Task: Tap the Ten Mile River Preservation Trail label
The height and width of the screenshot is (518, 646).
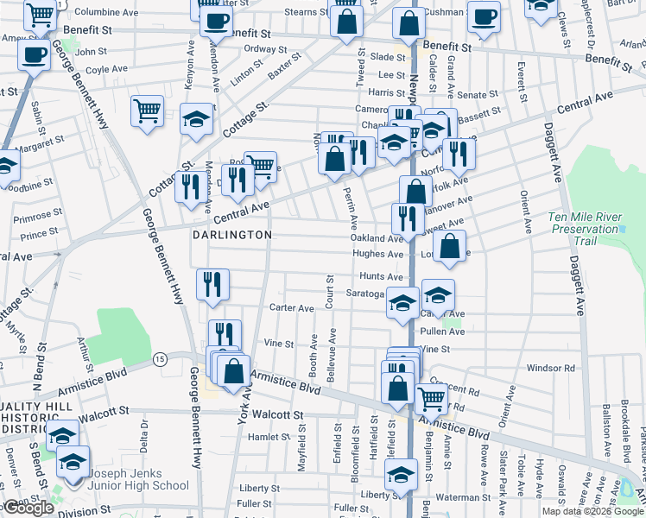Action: (586, 230)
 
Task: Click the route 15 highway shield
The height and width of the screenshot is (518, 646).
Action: (160, 358)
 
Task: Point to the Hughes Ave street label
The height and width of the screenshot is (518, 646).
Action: (377, 255)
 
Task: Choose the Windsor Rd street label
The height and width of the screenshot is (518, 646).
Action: (550, 368)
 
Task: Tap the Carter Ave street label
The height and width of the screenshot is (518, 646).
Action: (291, 308)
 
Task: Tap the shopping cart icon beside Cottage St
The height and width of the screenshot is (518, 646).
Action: (148, 111)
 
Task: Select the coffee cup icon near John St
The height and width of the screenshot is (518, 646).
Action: (34, 56)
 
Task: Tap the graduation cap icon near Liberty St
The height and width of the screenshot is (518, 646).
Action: (402, 475)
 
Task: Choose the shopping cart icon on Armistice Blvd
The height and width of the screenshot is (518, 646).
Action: (431, 399)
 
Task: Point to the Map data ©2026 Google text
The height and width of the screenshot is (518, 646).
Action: (592, 511)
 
